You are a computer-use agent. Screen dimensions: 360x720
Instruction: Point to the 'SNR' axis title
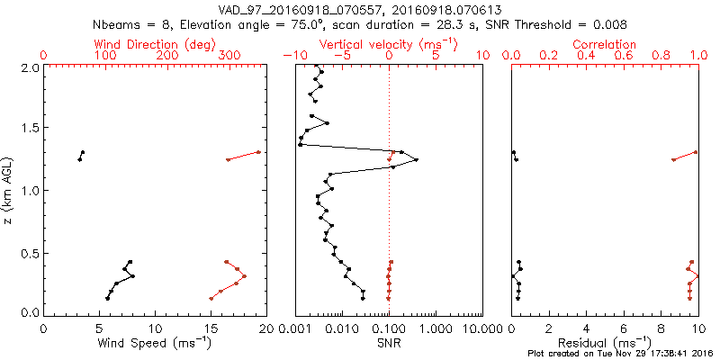[389, 345]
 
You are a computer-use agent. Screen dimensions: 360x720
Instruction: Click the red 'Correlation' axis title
[605, 44]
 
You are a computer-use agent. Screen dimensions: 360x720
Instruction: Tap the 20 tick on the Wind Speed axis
[265, 329]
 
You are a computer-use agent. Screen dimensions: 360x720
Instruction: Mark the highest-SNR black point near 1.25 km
[416, 159]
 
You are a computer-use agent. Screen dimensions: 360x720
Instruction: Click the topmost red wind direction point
[258, 152]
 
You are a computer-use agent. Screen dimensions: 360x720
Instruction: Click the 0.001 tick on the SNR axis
[296, 329]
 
